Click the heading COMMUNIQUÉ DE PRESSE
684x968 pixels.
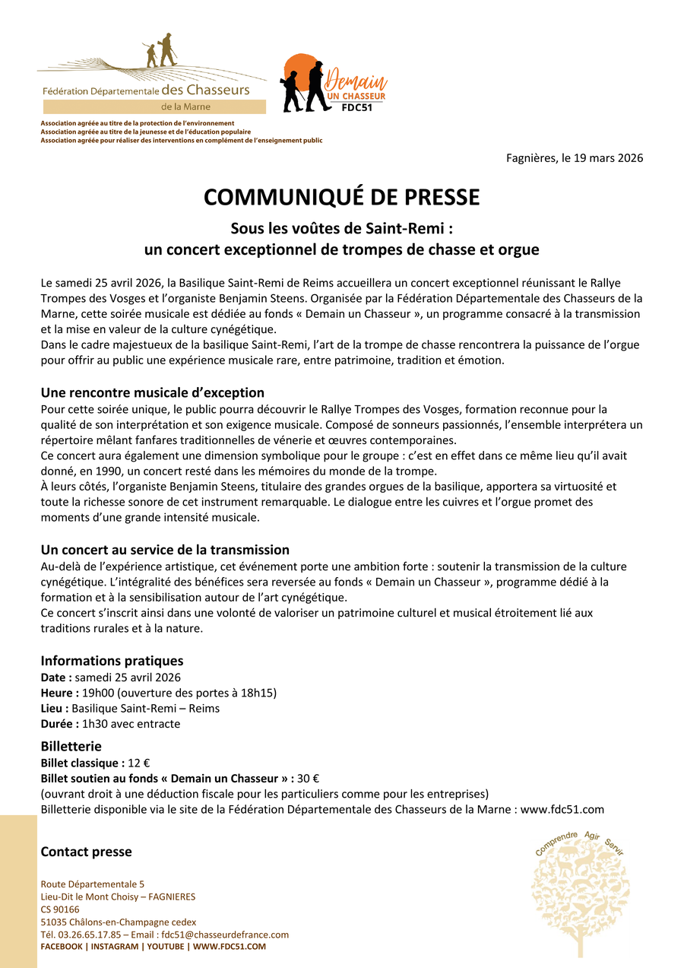pos(341,198)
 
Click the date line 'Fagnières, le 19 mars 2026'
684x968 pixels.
pos(575,158)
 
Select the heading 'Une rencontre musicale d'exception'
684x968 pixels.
pos(152,392)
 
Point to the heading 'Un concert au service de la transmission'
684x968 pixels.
pos(165,550)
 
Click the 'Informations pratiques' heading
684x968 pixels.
pos(112,661)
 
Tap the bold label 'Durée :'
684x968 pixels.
pos(59,724)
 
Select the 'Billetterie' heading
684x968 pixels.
pos(71,746)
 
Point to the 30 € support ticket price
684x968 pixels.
pos(308,778)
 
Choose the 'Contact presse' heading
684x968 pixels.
pos(86,852)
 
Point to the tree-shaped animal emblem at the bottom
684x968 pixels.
pos(579,897)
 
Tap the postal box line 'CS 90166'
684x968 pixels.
pos(60,909)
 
